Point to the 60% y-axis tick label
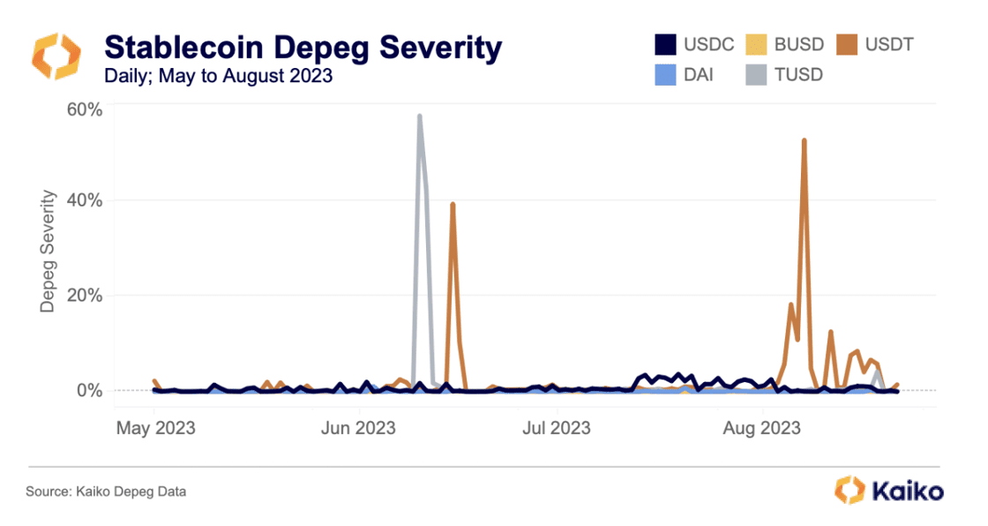(86, 110)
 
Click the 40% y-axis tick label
(86, 200)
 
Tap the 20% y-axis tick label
(86, 296)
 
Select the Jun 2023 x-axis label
(358, 429)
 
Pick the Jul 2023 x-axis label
(556, 429)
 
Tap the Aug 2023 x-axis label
(760, 429)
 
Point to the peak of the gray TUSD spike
(419, 116)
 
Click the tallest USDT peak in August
(804, 140)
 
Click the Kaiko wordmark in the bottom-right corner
(907, 491)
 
